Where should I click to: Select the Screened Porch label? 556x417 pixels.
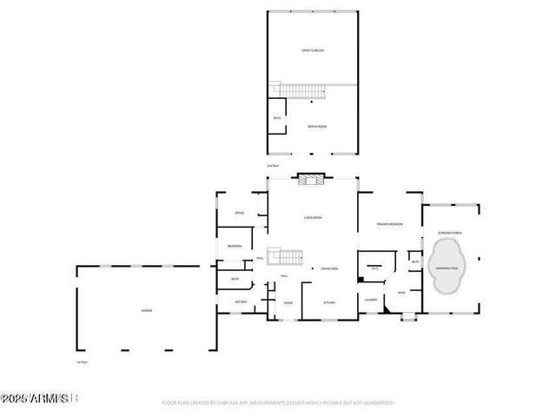pos(449,233)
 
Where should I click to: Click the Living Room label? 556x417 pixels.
pos(314,217)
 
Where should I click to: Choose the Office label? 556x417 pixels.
pos(239,213)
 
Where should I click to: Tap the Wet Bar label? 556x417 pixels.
pos(242,301)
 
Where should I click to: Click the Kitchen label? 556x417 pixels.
pos(329,302)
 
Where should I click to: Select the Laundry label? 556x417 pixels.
pos(371,302)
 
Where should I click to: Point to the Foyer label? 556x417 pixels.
pos(288,302)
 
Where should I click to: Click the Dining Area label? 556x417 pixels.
pos(329,269)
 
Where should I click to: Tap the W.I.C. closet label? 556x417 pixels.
pos(375,268)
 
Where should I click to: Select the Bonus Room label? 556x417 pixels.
pos(317,126)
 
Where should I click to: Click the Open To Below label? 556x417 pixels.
pos(312,50)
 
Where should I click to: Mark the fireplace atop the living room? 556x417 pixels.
pos(310,180)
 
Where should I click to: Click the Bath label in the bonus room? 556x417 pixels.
pos(277,118)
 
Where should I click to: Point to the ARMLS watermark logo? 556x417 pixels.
pos(41,399)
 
